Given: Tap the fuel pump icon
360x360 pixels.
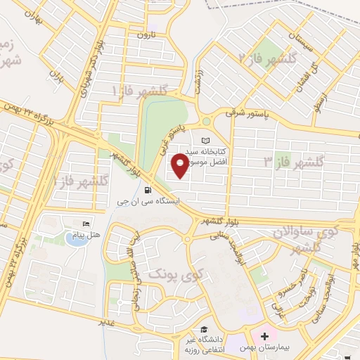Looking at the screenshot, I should (x=147, y=189).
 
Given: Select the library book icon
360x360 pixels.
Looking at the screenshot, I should (x=205, y=141).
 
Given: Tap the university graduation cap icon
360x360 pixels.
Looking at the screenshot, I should (x=203, y=329).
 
